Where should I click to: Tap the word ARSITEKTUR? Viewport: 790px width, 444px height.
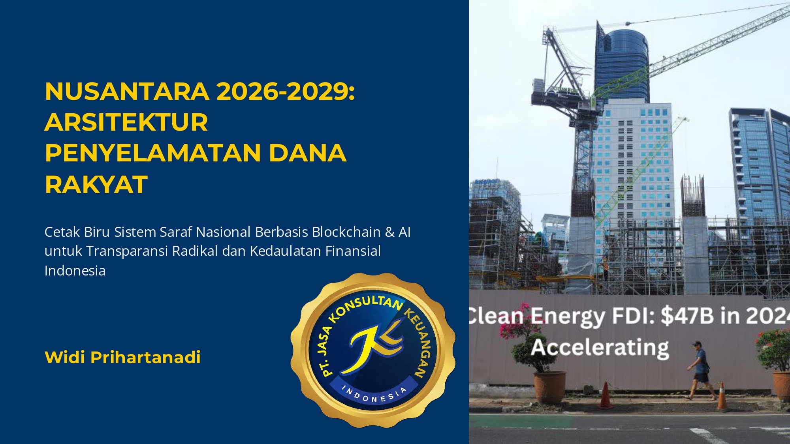126,122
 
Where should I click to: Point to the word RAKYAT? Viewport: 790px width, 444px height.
96,184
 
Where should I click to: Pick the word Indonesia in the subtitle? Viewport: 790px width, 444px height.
75,271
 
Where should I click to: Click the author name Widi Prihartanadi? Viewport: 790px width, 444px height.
122,357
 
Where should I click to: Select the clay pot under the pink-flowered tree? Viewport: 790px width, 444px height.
549,387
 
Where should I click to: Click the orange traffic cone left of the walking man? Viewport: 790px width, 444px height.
605,395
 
